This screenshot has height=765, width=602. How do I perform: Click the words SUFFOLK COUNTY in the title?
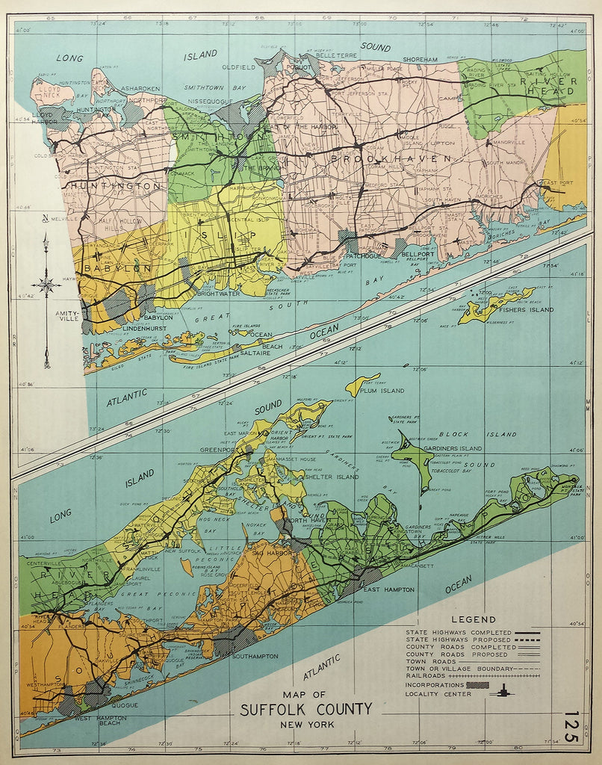pyautogui.click(x=305, y=709)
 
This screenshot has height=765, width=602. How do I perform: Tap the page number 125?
pyautogui.click(x=571, y=726)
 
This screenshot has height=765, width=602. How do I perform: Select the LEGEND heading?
pyautogui.click(x=474, y=619)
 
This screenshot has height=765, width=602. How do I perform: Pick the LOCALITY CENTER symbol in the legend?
pyautogui.click(x=501, y=692)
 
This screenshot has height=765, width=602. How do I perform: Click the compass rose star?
pyautogui.click(x=46, y=284)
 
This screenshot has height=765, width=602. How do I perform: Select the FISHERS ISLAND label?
pyautogui.click(x=527, y=309)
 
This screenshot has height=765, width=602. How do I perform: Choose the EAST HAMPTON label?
pyautogui.click(x=388, y=589)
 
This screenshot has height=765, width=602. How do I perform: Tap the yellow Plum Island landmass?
pyautogui.click(x=362, y=383)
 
